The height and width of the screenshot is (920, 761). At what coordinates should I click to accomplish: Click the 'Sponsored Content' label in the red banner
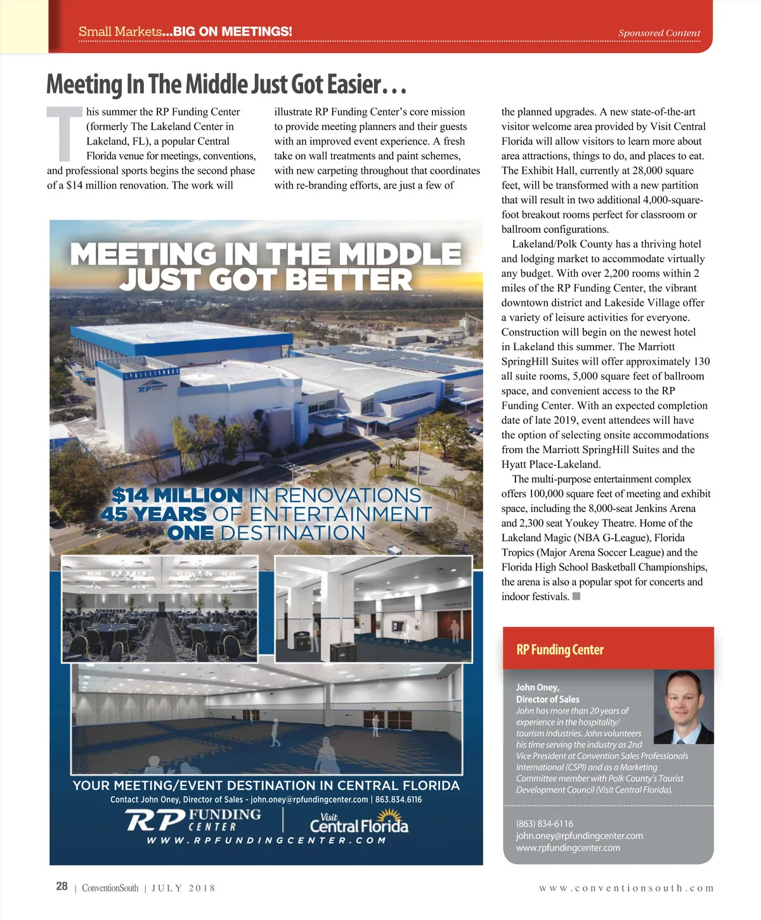(x=659, y=33)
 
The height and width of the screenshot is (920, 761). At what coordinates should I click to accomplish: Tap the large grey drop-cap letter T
(x=65, y=134)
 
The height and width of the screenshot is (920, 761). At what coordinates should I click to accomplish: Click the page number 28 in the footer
(x=62, y=886)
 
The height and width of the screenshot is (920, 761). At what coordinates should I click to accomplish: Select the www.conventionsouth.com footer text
(x=626, y=888)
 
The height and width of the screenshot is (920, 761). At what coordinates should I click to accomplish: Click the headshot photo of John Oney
(x=683, y=707)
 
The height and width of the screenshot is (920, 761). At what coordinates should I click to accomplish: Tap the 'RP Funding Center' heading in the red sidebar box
(x=560, y=650)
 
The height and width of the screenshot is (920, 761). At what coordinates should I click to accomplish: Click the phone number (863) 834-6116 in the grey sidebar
(x=544, y=824)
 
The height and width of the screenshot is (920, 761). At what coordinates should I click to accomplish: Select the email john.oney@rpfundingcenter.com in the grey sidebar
(x=579, y=836)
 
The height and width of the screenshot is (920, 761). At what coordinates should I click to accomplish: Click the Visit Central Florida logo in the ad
(x=359, y=823)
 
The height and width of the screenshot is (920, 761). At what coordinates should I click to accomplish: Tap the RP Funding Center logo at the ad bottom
(x=193, y=820)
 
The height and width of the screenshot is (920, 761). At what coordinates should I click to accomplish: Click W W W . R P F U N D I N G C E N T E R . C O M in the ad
(x=266, y=841)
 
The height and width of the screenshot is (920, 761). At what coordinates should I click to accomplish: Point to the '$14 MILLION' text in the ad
(x=177, y=495)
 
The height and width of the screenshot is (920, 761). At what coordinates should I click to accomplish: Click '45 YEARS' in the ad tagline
(x=153, y=514)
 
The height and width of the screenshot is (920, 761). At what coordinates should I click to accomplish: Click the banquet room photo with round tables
(x=159, y=609)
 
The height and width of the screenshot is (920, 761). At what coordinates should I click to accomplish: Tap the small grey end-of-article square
(x=576, y=596)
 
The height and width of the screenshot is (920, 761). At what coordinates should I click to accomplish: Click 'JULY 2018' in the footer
(x=183, y=888)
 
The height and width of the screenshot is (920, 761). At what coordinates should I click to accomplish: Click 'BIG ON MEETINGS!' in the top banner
(x=232, y=32)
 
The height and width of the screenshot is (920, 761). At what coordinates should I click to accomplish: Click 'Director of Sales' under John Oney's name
(x=547, y=699)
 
